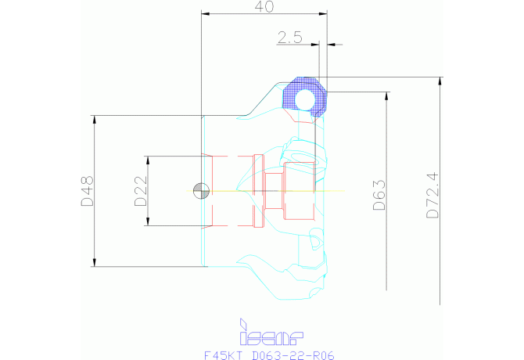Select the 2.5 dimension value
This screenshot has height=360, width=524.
click(x=290, y=37)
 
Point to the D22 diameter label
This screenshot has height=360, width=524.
click(x=140, y=191)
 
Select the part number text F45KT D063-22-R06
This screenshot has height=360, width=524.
click(x=268, y=355)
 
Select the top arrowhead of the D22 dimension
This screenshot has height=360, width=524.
click(x=149, y=159)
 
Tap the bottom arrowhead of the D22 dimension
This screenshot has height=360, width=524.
click(x=149, y=224)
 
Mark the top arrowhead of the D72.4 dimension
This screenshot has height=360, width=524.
click(x=441, y=80)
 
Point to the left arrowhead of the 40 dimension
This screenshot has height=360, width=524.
click(x=205, y=13)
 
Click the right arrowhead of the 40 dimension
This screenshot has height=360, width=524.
click(x=323, y=13)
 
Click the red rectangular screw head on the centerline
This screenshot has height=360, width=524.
click(x=298, y=191)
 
